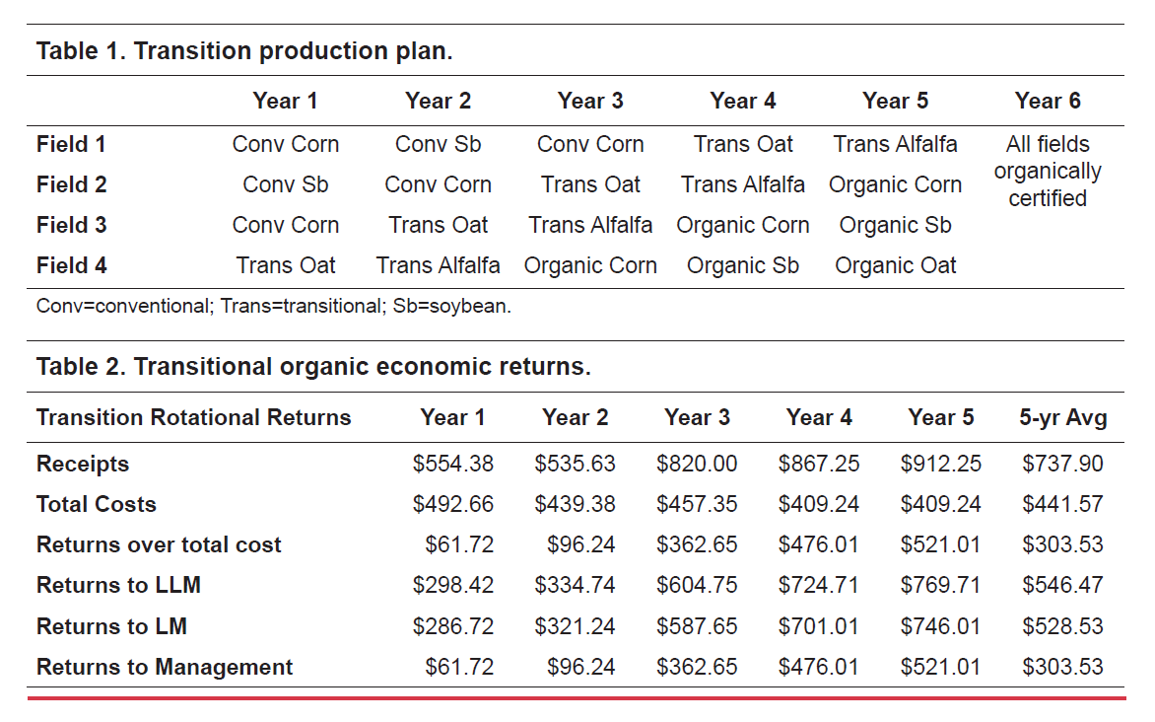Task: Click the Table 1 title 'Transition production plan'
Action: point(244,50)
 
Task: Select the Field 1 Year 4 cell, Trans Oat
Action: point(743,144)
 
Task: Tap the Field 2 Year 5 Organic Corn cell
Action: point(895,184)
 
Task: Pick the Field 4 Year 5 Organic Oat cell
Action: point(895,265)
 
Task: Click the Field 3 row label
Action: point(71,225)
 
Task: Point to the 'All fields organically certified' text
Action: point(1047,171)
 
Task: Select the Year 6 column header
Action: point(1047,101)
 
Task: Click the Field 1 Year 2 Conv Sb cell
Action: point(438,144)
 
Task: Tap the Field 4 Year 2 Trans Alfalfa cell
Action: point(438,265)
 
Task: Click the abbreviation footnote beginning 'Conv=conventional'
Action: point(274,306)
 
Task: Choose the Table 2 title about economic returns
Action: point(313,367)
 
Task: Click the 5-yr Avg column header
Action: point(1062,417)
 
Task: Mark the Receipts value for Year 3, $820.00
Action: point(697,464)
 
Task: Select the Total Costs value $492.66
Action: point(453,504)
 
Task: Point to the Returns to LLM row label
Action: point(118,585)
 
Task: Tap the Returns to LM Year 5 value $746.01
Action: point(940,626)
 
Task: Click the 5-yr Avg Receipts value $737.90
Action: point(1062,464)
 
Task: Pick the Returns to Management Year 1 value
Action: point(459,667)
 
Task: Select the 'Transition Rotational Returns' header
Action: point(193,417)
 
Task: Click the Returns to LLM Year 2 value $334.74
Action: point(575,585)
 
